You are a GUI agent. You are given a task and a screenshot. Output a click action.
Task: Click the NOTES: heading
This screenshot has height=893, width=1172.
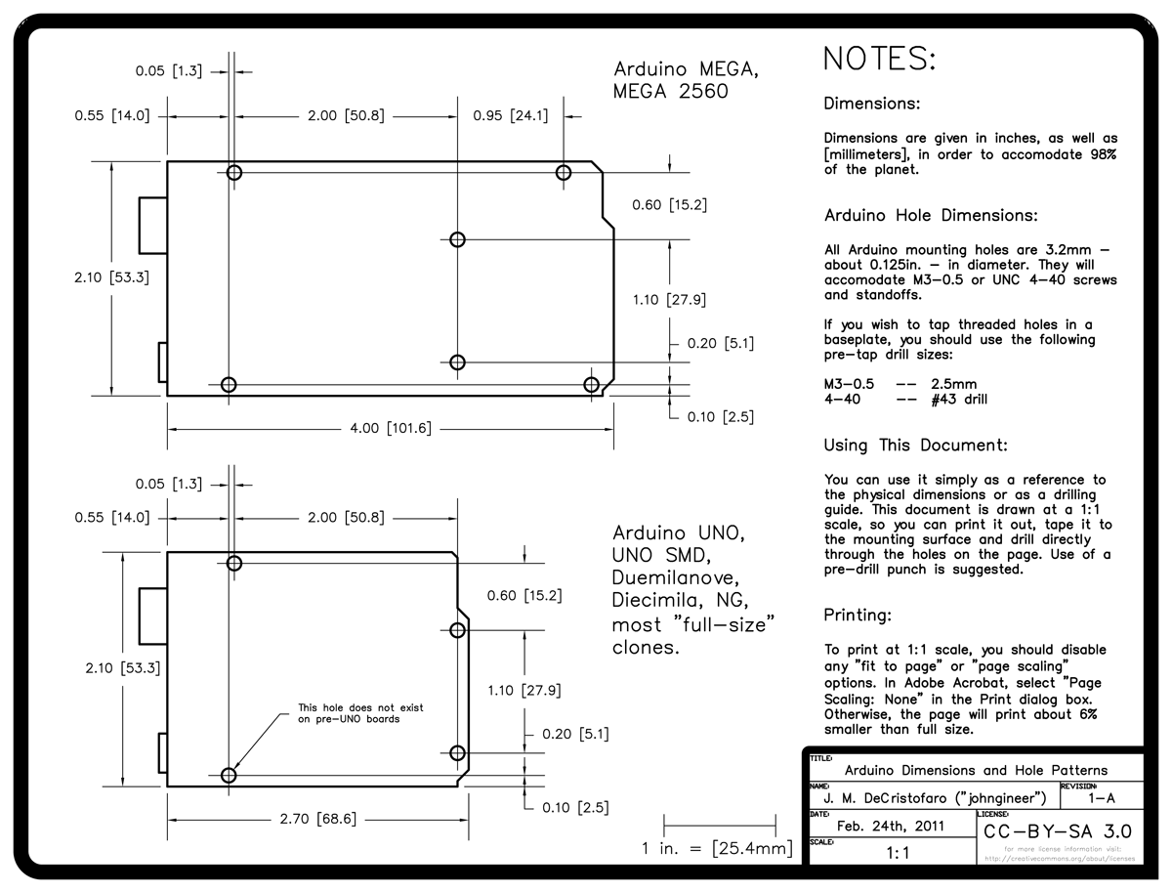(879, 59)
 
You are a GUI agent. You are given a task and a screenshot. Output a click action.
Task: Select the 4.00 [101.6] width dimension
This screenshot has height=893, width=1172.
(391, 428)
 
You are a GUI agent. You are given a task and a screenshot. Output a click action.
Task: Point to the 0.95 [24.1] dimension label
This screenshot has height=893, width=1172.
(510, 115)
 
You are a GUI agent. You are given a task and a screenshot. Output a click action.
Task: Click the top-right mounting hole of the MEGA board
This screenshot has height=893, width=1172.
(564, 173)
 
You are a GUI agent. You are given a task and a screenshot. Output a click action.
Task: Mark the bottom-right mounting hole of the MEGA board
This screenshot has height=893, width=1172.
(591, 384)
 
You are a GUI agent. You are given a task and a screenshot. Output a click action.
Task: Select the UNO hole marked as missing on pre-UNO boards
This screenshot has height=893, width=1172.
(229, 776)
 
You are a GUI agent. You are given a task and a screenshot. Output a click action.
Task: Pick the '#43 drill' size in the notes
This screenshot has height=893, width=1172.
(959, 399)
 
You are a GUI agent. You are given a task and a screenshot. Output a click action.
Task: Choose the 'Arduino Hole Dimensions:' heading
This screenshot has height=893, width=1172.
(930, 215)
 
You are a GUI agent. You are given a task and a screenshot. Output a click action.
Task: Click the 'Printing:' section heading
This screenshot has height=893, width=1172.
(858, 616)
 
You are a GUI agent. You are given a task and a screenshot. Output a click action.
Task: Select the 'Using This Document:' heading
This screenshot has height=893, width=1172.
(915, 446)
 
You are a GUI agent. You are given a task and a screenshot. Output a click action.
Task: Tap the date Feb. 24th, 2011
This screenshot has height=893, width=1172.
(890, 826)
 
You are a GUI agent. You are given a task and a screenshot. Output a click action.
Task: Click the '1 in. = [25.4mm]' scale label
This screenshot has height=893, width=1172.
(717, 848)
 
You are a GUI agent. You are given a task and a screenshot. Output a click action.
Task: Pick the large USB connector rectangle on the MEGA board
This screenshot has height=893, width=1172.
(153, 224)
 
